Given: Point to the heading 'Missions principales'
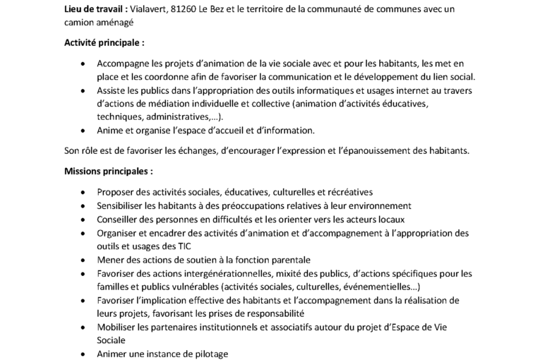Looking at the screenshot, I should click(x=108, y=171).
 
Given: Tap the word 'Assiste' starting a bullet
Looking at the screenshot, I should click(x=112, y=90).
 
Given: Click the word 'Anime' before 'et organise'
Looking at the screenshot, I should click(x=110, y=131).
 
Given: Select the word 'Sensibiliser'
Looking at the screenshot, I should click(x=122, y=205).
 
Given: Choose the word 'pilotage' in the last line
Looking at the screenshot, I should click(x=210, y=354).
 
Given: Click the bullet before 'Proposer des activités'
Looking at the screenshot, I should click(x=85, y=192).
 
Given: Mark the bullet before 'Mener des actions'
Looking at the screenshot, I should click(x=85, y=260).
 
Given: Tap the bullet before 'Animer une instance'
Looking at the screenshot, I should click(x=85, y=354).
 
